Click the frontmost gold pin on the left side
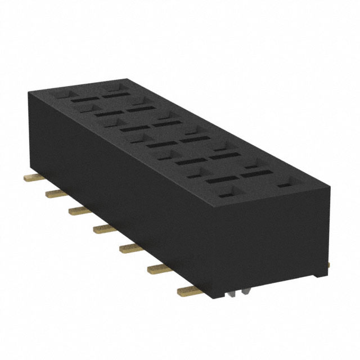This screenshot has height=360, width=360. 187,290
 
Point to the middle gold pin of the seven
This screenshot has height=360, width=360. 102,228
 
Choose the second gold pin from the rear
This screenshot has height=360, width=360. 55,193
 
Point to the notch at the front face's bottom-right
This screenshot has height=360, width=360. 319,276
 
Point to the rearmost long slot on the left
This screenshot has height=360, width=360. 85,100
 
